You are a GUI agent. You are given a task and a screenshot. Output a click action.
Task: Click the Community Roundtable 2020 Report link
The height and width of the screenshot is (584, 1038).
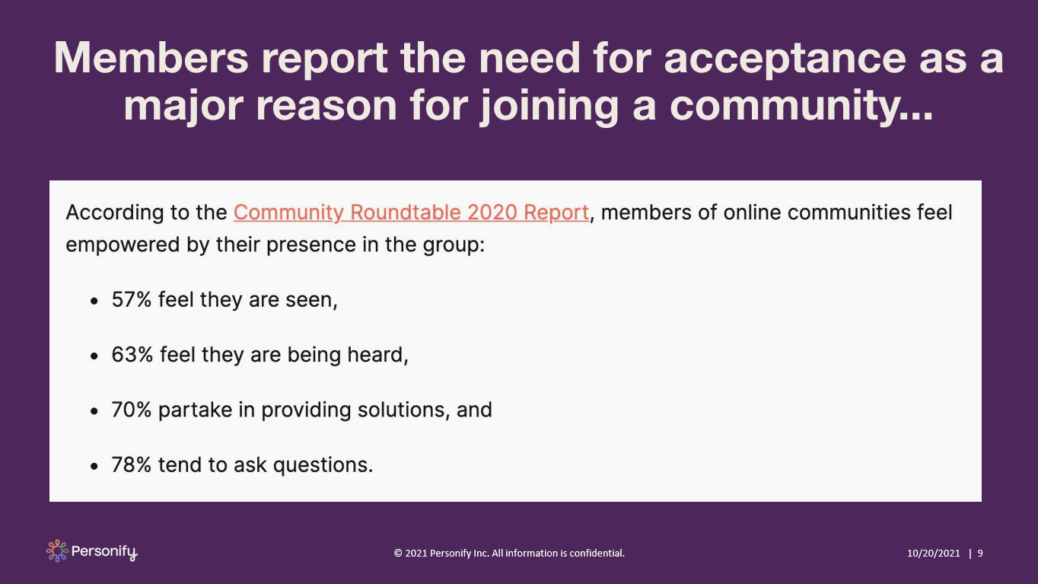411,212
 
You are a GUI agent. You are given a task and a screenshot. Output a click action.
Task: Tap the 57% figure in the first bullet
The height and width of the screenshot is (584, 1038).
132,300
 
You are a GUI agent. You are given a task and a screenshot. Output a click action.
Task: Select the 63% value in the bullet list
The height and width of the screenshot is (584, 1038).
132,355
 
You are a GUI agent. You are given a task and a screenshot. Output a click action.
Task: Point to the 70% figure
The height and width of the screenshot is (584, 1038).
132,410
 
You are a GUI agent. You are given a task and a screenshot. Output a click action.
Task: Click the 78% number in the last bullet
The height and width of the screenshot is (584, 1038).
132,464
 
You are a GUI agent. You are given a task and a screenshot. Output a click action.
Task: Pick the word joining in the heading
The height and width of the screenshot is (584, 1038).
548,105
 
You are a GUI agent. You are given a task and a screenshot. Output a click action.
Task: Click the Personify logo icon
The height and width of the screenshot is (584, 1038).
57,550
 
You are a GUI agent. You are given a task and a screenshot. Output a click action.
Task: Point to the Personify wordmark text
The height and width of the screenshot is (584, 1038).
105,551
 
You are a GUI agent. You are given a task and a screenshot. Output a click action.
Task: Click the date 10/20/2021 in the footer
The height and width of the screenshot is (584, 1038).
933,553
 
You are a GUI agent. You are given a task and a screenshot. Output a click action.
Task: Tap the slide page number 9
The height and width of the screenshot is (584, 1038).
979,553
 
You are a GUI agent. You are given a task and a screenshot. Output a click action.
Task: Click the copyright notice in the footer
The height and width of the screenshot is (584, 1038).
509,553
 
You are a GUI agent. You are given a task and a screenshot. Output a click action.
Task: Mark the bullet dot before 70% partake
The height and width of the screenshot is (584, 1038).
94,410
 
